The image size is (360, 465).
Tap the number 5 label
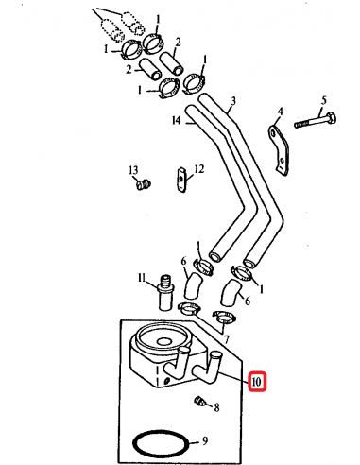[321, 100]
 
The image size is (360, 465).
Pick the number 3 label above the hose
[231, 101]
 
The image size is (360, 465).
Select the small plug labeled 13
[144, 184]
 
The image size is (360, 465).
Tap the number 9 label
[197, 440]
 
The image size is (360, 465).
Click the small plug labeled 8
[199, 405]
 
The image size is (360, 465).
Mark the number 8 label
[217, 408]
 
